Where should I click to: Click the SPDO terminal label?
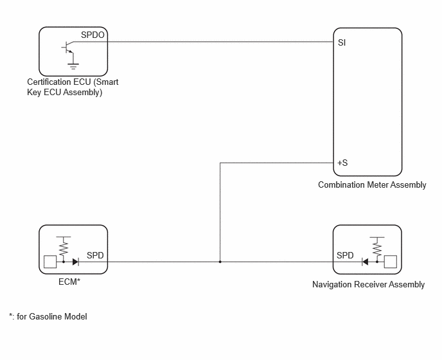point(93,35)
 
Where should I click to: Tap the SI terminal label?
point(342,42)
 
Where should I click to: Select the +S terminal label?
point(342,163)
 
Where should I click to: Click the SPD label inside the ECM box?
point(95,255)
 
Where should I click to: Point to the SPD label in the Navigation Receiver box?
point(345,255)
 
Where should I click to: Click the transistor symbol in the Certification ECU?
point(67,48)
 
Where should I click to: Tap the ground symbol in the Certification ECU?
point(73,66)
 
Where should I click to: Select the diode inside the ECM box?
point(76,262)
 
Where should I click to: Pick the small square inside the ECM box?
point(50,262)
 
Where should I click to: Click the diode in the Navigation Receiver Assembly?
point(365,262)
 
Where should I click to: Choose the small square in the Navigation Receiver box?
point(391,262)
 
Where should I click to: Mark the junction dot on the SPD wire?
point(220,262)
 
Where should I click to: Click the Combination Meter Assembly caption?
point(372,184)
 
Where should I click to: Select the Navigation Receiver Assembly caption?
point(368,284)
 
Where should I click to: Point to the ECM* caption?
point(69,282)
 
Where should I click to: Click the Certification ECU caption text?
point(73,87)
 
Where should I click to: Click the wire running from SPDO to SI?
point(204,42)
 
